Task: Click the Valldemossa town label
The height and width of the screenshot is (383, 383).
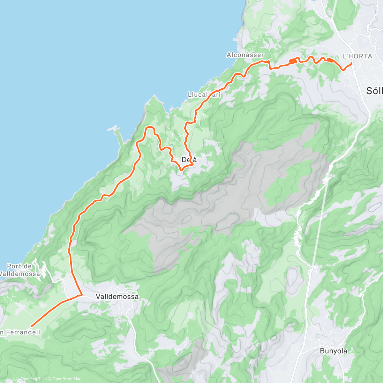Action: click(117, 297)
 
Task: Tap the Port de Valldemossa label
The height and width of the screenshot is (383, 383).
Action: click(20, 270)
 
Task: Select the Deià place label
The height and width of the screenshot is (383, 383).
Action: click(189, 160)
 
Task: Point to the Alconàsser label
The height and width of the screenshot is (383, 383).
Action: click(245, 55)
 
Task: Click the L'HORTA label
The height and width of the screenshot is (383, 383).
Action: click(357, 56)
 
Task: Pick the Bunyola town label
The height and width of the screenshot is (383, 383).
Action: click(334, 351)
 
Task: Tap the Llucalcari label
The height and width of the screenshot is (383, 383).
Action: click(204, 95)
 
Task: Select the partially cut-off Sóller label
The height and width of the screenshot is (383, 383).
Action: click(374, 91)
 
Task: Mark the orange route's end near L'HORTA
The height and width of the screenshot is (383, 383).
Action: click(351, 63)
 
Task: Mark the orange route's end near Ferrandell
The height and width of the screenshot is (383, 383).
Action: click(31, 326)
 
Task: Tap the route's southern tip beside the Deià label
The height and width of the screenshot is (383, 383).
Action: click(181, 170)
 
